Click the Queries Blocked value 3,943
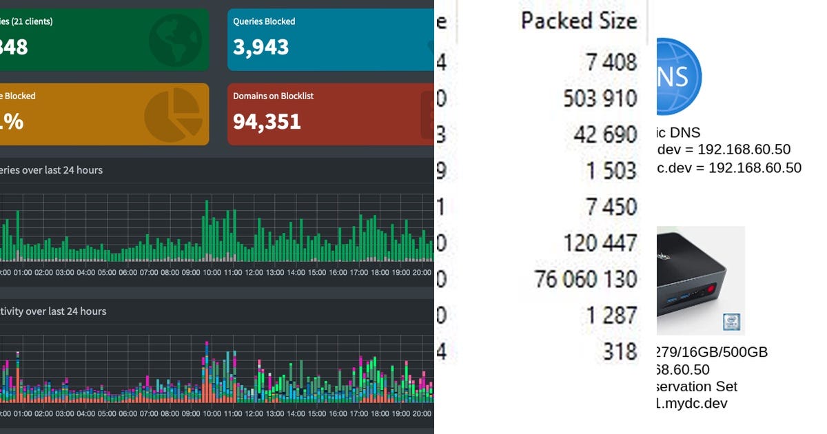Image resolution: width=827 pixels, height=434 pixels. point(261,48)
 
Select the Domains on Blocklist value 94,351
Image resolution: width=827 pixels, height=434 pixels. point(267,122)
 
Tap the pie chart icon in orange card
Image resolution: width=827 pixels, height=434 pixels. point(172,114)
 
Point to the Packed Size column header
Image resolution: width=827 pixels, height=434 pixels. point(578,21)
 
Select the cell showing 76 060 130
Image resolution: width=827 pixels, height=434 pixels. point(586,279)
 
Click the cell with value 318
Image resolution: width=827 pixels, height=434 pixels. point(618,351)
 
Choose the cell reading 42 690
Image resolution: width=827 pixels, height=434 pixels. point(605,134)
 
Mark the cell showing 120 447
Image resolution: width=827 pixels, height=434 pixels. point(600,242)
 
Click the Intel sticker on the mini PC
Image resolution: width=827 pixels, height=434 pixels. point(731,322)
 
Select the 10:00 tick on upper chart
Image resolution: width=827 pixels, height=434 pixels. point(212,273)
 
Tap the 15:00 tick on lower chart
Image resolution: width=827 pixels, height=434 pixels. point(317,413)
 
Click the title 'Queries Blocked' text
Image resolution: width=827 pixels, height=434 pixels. point(264,21)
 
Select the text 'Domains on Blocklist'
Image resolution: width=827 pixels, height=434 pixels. point(273,96)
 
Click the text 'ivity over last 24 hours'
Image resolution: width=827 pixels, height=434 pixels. point(53,311)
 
